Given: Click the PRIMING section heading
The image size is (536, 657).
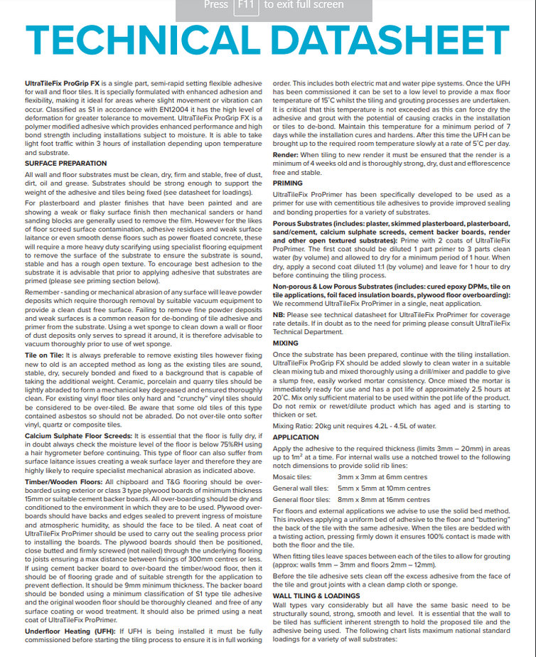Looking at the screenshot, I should [x=288, y=183].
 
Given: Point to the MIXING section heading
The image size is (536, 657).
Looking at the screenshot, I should [x=286, y=343].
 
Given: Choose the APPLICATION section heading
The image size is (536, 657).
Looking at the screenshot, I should [x=296, y=437].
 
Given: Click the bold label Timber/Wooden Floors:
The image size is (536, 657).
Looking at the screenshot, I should [x=62, y=481].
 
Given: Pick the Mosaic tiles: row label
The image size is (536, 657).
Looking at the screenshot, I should [x=292, y=476].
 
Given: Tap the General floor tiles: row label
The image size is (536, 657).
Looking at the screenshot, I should [x=301, y=500].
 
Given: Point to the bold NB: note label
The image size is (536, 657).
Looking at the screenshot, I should [x=279, y=314].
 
